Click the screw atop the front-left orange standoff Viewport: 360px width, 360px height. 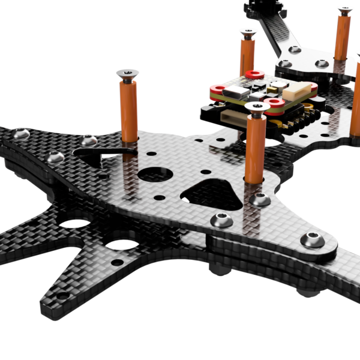coord(127,74)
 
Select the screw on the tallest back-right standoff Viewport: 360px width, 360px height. coord(344,10)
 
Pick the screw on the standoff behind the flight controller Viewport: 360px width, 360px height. coord(248,32)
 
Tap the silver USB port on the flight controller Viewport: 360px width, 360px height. coord(236,92)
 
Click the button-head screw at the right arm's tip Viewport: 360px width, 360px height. coord(313,240)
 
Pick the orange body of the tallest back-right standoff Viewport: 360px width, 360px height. coord(344,36)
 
